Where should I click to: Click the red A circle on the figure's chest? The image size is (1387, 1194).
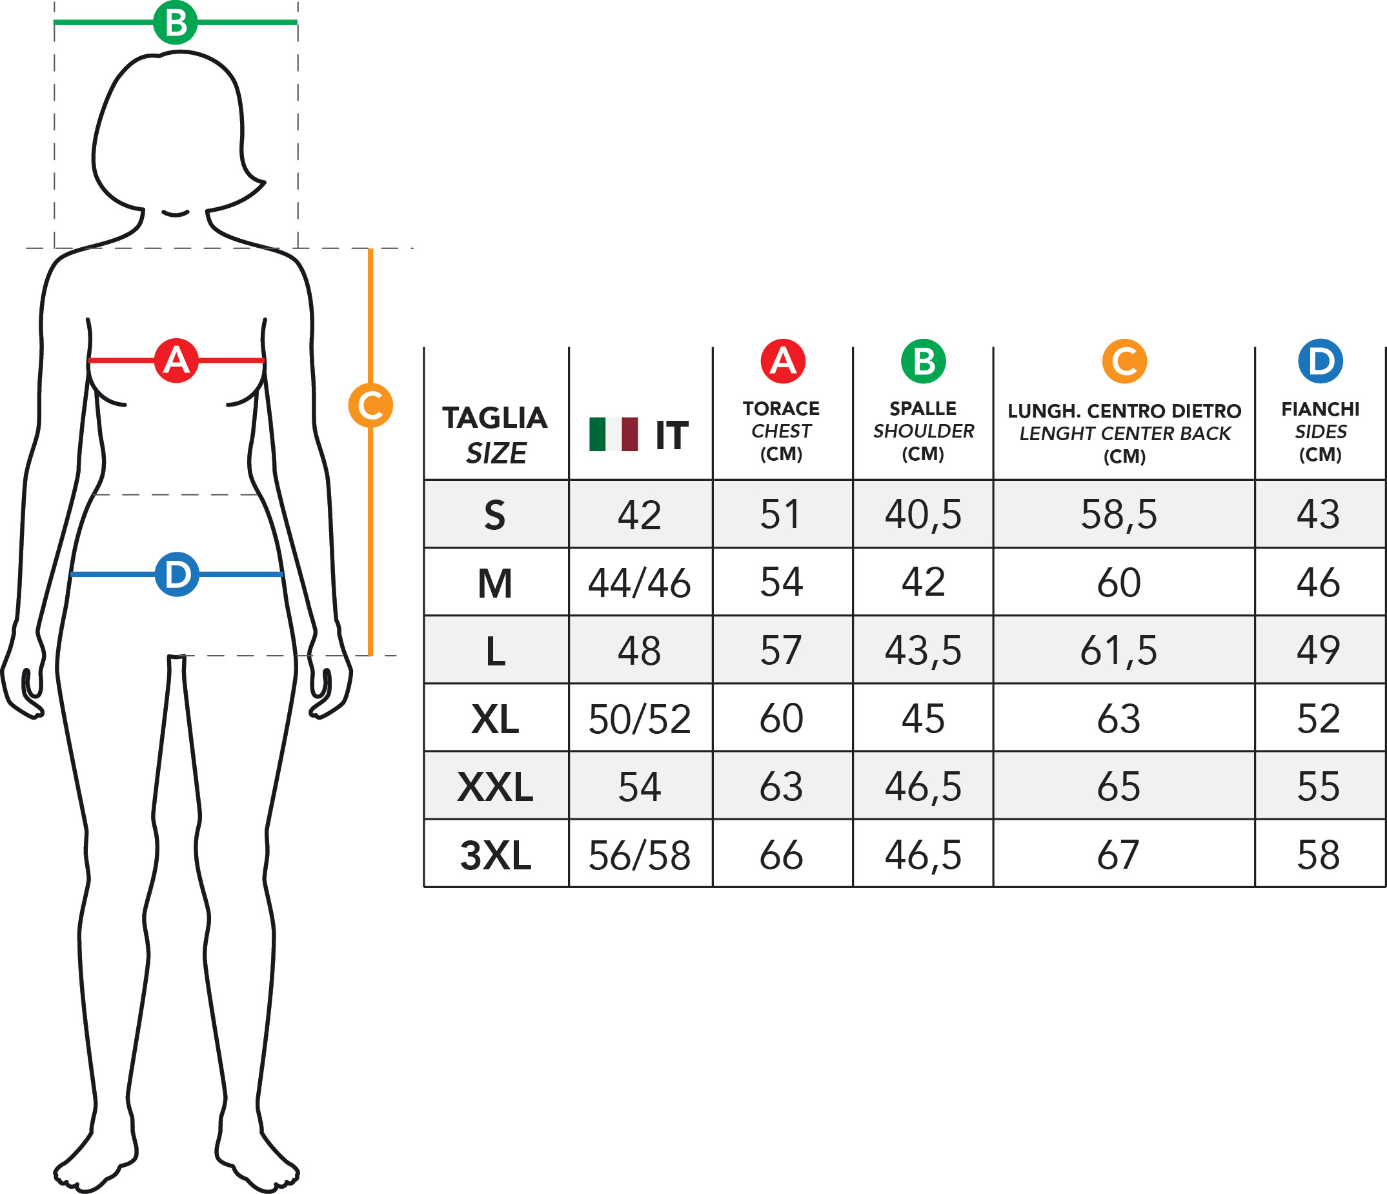[x=176, y=361]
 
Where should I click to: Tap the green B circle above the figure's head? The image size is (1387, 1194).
[x=176, y=23]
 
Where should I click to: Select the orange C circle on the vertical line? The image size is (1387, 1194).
[x=370, y=405]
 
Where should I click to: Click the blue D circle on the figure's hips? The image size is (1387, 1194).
[x=177, y=574]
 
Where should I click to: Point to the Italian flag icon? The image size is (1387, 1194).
[x=613, y=434]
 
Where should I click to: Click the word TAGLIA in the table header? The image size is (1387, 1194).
[x=494, y=418]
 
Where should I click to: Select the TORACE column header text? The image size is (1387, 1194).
[x=781, y=409]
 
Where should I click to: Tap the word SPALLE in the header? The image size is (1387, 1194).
[x=923, y=409]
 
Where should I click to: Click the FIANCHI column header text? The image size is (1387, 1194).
[x=1320, y=409]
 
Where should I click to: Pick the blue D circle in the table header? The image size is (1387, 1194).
[x=1320, y=361]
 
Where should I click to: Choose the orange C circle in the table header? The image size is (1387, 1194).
[x=1124, y=361]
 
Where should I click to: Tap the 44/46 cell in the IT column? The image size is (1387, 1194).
[x=639, y=583]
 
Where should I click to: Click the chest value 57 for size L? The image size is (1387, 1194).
[x=781, y=651]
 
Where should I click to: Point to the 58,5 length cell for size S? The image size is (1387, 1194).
[x=1119, y=514]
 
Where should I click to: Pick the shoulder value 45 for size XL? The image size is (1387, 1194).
[x=923, y=719]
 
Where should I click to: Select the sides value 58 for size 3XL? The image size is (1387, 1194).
[x=1319, y=855]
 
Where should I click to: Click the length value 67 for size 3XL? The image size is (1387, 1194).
[x=1119, y=855]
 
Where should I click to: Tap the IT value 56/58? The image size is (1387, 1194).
[x=639, y=855]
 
